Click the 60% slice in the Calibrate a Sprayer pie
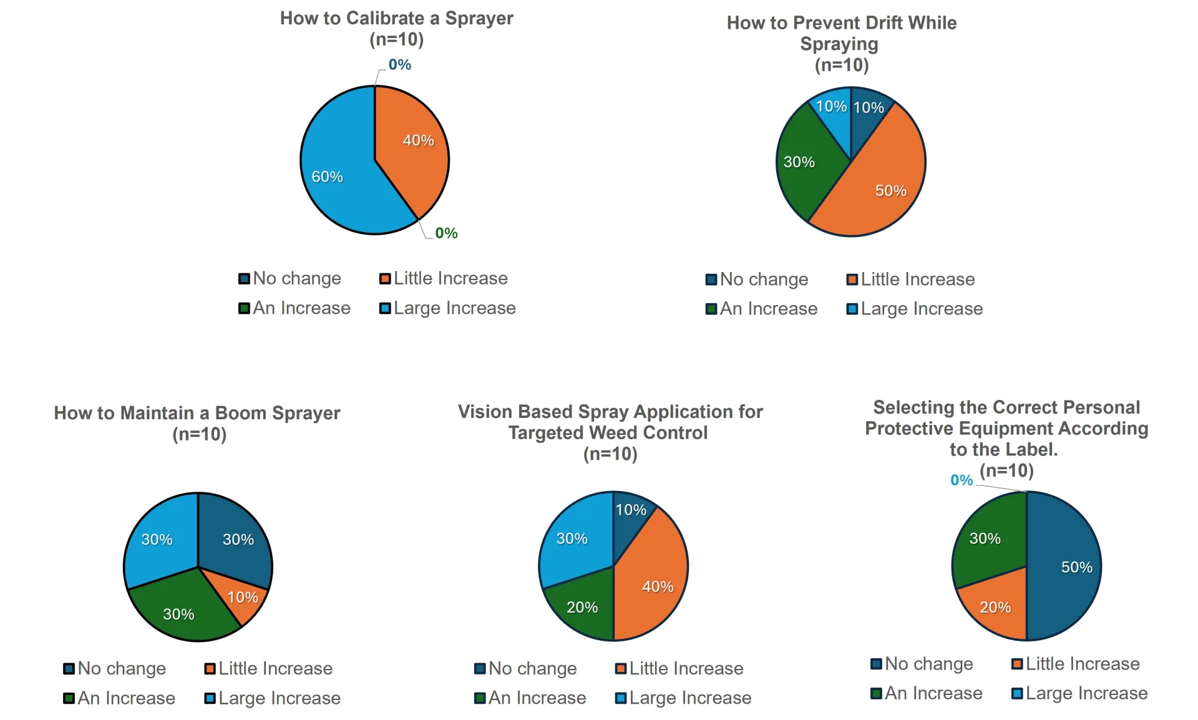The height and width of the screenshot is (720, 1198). tap(337, 168)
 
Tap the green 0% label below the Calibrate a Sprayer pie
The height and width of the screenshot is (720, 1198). tap(446, 233)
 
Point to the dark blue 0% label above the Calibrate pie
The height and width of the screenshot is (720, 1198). tap(399, 65)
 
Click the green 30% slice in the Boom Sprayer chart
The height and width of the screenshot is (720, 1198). tap(181, 608)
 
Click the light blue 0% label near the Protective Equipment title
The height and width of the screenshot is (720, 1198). tap(962, 480)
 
